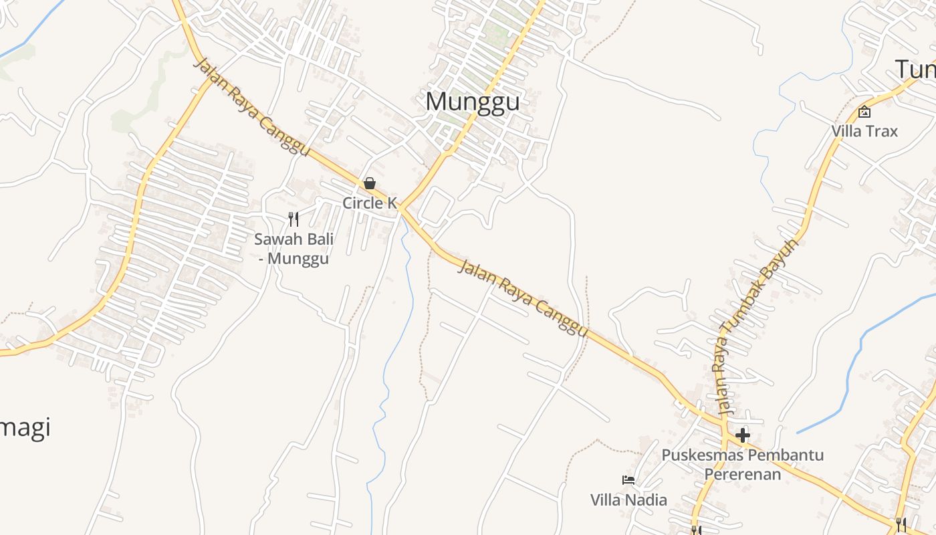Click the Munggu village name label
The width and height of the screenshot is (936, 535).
tap(473, 102)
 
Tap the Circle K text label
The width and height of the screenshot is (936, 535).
tap(370, 203)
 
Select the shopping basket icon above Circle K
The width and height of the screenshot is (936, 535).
tap(370, 183)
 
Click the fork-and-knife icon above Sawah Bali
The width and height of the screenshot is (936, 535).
tap(294, 219)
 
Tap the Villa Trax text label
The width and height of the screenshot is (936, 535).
tap(864, 130)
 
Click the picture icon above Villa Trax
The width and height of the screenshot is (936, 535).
tap(864, 112)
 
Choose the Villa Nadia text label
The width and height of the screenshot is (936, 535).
tap(628, 500)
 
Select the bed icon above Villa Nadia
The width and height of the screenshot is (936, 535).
tap(628, 479)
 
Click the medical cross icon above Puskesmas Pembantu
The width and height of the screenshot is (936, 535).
tap(742, 436)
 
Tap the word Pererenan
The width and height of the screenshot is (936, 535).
tap(742, 475)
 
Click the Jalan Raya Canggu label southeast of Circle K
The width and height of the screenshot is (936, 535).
tap(523, 298)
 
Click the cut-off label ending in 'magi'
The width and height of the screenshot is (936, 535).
tap(25, 427)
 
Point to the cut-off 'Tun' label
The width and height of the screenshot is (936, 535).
tap(915, 69)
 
